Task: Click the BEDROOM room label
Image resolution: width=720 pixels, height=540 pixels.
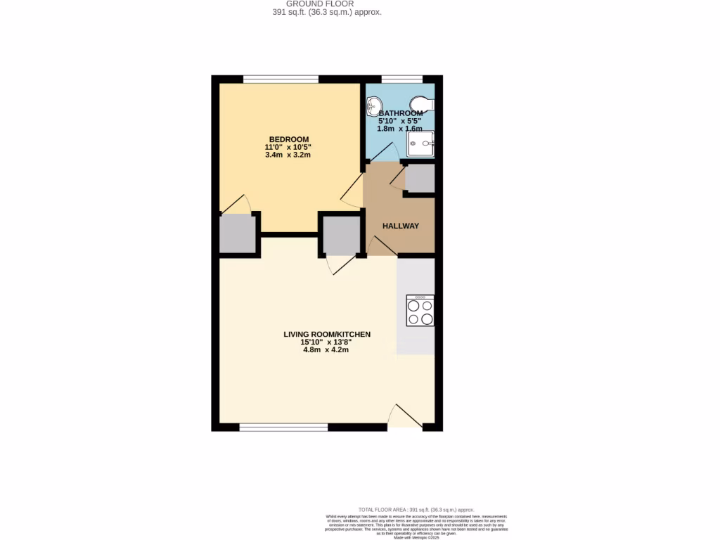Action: tap(288, 139)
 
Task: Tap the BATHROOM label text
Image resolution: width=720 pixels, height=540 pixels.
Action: tap(401, 113)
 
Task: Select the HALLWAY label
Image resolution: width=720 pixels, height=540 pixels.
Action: tap(401, 226)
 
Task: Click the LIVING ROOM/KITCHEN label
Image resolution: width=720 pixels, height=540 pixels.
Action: tap(327, 334)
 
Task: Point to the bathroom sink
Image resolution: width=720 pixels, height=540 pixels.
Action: tap(373, 106)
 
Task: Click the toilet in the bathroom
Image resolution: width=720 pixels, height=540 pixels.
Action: tap(423, 103)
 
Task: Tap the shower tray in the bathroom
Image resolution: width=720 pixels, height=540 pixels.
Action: tap(421, 143)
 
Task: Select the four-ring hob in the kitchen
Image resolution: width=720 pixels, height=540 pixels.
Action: tap(420, 311)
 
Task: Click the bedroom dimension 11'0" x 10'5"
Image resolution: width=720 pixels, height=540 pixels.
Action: tap(288, 147)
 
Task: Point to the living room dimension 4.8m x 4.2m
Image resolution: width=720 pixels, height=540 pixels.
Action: tap(327, 351)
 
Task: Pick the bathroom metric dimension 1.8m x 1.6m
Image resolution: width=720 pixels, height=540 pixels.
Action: tap(401, 129)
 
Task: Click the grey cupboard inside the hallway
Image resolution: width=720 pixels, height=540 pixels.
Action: tap(420, 179)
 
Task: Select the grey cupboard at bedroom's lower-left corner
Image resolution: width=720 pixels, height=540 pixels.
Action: tap(236, 233)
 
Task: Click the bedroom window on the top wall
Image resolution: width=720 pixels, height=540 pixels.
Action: tap(281, 79)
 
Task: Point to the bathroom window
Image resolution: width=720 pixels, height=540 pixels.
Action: tap(401, 79)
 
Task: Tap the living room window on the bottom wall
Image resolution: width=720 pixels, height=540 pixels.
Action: tap(283, 427)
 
